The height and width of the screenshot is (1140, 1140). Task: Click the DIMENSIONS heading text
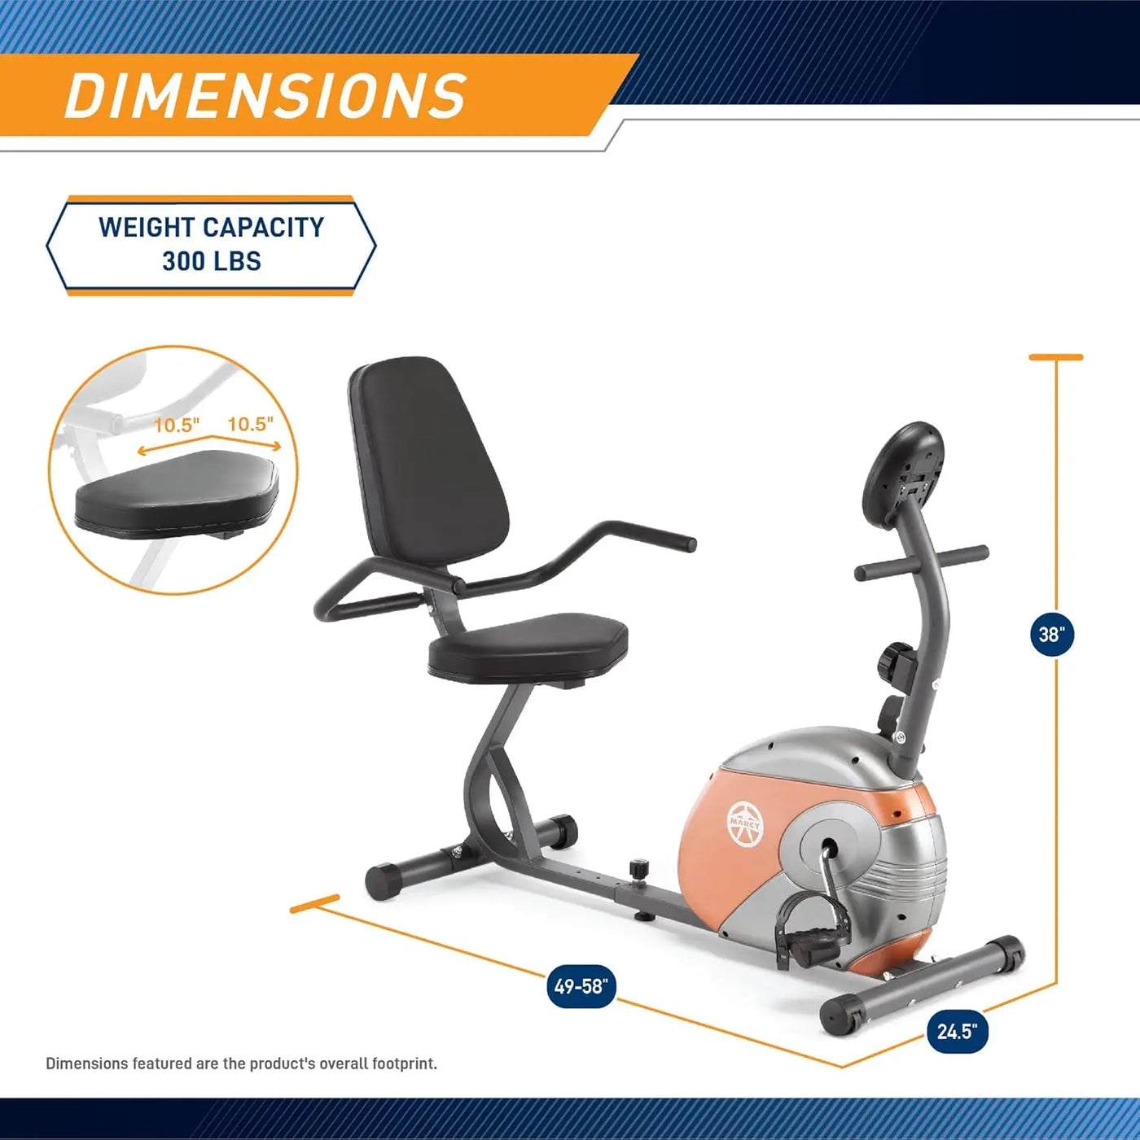tap(265, 96)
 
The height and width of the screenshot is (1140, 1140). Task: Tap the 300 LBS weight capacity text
tap(212, 261)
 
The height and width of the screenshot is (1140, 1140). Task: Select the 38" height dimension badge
tap(1051, 635)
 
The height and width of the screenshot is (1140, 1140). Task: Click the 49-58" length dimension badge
tap(581, 986)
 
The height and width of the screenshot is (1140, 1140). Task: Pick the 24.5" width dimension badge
tap(957, 1032)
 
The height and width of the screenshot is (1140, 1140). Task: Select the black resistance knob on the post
tap(897, 662)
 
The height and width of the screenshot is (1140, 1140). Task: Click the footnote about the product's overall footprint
tap(241, 1064)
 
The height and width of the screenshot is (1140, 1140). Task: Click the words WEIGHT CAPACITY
tap(212, 227)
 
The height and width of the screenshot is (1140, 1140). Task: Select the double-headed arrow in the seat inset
tap(209, 444)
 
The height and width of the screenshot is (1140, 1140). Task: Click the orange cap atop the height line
tap(1055, 357)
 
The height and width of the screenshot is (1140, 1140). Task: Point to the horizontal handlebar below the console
tap(921, 562)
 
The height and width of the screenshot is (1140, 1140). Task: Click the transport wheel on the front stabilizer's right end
tap(1009, 954)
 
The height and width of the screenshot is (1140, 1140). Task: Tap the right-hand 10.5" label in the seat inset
tap(250, 424)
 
